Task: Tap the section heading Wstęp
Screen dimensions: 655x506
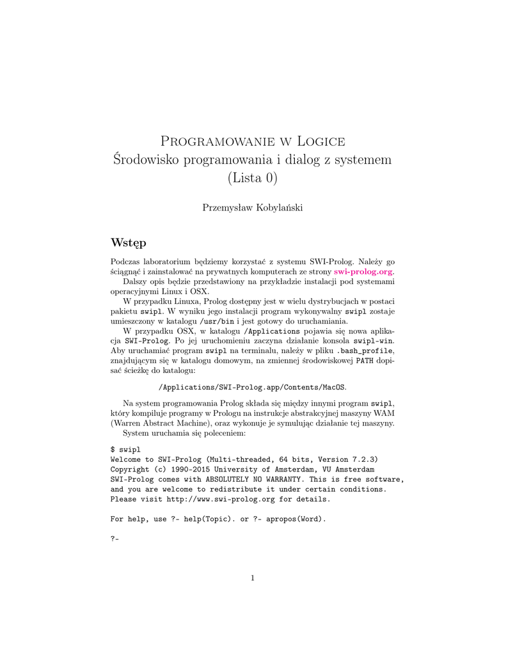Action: (128, 243)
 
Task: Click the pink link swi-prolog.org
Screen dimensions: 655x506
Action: (363, 271)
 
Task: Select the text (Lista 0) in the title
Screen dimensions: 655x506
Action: (253, 177)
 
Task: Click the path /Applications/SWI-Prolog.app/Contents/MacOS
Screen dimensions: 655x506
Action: (253, 388)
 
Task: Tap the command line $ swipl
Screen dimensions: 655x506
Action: (127, 450)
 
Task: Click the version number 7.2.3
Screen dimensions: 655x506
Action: (362, 459)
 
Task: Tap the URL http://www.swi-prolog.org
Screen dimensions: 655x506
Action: (221, 499)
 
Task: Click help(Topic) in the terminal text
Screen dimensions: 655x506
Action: (210, 519)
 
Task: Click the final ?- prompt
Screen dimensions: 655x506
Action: (115, 539)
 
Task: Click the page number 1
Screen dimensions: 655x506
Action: (253, 579)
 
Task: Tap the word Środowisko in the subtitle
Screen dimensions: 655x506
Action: (146, 159)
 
